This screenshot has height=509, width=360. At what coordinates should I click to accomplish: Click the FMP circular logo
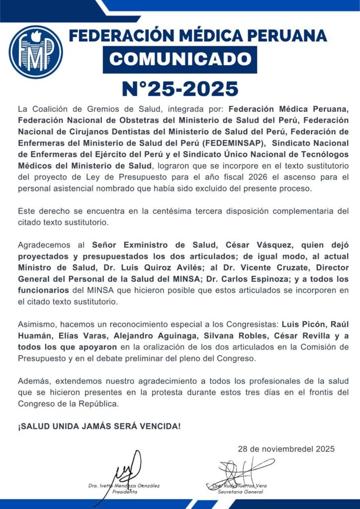tap(35, 52)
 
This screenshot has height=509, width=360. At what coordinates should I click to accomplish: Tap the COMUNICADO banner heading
tap(180, 59)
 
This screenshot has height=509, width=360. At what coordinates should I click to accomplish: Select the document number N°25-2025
tap(180, 88)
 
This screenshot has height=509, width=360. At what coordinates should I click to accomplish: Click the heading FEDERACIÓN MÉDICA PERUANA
tap(197, 36)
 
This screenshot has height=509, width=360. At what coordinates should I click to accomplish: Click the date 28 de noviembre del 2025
tap(286, 449)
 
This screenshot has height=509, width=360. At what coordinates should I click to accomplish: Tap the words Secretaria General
tap(241, 492)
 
